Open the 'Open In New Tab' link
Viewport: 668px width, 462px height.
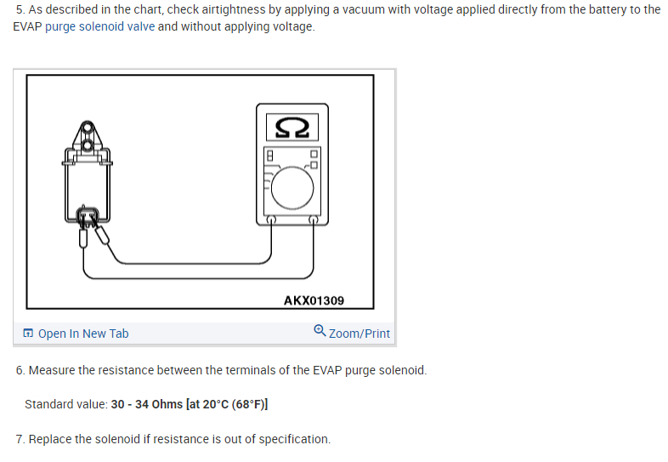point(83,334)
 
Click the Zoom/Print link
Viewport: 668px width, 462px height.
point(359,334)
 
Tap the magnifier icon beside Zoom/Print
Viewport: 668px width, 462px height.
point(319,332)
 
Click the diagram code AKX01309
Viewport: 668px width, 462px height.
point(314,300)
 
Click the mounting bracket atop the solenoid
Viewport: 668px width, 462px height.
point(88,140)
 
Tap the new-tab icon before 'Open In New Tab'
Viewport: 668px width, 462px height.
point(28,334)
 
